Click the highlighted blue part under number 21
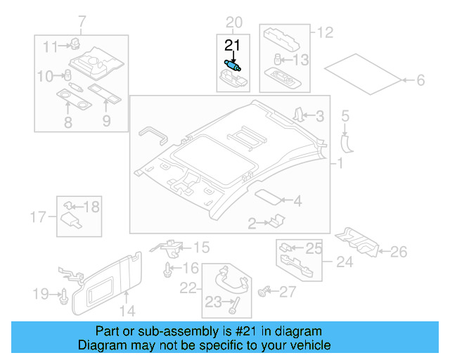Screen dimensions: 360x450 tap(233, 65)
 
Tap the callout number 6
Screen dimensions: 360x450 tap(420, 81)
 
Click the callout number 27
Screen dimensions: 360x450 tap(288, 292)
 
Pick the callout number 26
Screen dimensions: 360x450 tap(399, 251)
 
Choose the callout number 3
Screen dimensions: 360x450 tap(319, 116)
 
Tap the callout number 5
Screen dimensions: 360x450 tap(345, 115)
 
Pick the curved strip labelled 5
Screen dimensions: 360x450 tap(347, 141)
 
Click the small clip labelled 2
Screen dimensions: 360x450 tap(274, 222)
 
